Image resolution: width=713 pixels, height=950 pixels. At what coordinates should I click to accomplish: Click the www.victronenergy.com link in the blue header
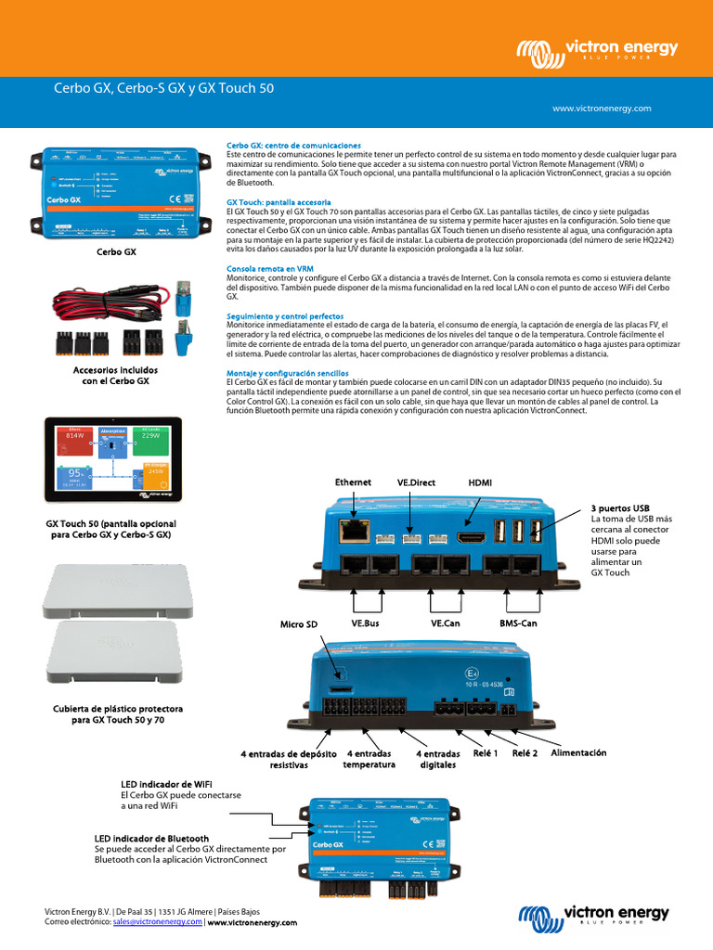pyautogui.click(x=602, y=109)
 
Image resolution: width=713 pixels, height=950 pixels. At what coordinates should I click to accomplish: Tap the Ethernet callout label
pyautogui.click(x=353, y=482)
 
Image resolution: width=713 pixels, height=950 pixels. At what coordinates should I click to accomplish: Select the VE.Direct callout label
pyautogui.click(x=415, y=482)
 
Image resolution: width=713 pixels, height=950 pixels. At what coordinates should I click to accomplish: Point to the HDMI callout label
pyautogui.click(x=480, y=482)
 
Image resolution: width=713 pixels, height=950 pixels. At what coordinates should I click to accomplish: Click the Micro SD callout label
pyautogui.click(x=299, y=624)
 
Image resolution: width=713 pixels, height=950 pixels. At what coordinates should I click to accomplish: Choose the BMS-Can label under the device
pyautogui.click(x=517, y=624)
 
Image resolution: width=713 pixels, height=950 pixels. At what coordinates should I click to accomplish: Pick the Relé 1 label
pyautogui.click(x=484, y=753)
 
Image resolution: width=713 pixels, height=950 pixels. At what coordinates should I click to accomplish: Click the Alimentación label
pyautogui.click(x=578, y=752)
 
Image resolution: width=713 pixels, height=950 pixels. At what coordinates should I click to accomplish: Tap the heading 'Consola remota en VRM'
pyautogui.click(x=269, y=268)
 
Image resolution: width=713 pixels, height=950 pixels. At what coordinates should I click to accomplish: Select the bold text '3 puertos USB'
pyautogui.click(x=620, y=508)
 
